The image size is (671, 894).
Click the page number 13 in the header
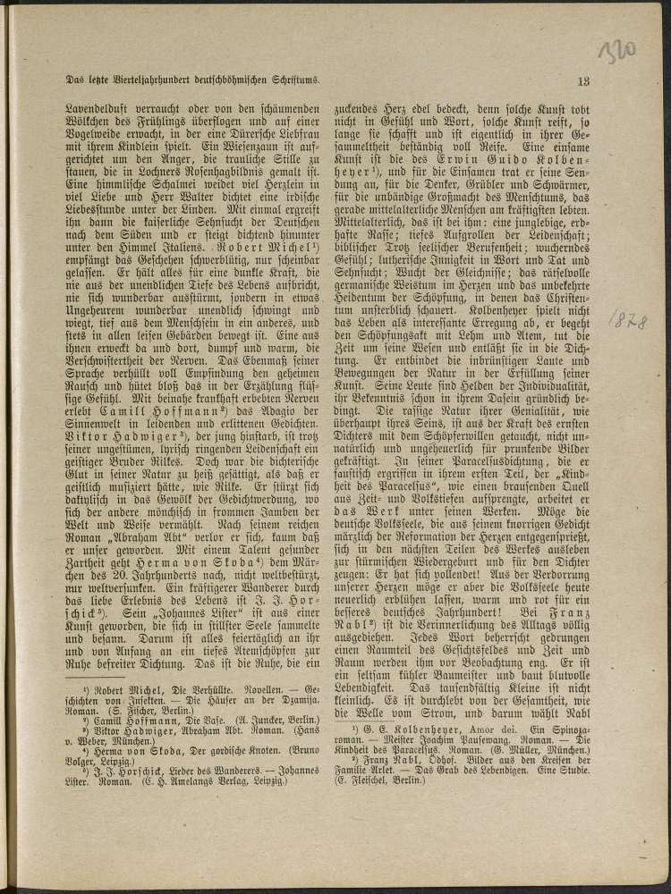point(585,81)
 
